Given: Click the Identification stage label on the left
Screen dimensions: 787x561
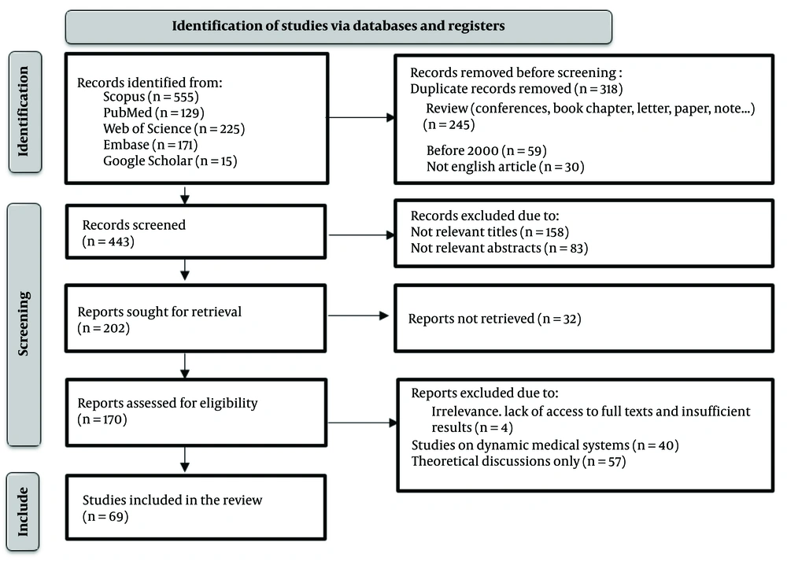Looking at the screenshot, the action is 24,112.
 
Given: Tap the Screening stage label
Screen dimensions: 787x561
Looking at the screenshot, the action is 24,323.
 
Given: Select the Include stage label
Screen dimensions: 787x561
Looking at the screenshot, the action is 23,511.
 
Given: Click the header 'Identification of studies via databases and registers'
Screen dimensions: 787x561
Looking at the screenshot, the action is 338,26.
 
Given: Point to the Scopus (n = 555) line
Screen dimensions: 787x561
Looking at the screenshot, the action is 151,96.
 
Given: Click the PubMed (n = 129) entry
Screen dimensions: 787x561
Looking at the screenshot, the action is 153,113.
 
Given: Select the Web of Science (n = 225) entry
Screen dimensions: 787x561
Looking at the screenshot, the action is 174,128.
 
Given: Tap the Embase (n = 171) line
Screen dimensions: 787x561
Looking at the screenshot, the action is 150,145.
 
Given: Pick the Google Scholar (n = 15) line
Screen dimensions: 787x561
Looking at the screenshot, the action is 170,161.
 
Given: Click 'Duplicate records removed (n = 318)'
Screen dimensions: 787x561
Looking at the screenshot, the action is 516,89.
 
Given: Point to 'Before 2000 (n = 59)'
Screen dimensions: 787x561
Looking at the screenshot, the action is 486,150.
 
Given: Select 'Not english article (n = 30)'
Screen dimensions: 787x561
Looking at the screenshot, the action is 505,167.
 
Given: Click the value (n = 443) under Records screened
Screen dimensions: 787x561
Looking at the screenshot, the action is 109,242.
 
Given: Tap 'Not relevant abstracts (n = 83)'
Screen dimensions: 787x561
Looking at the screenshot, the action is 500,248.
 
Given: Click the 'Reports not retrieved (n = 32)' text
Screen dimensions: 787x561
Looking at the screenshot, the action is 494,319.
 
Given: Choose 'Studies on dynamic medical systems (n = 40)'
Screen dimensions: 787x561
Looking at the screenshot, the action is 545,445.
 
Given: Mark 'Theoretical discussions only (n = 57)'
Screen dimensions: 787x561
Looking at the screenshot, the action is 519,461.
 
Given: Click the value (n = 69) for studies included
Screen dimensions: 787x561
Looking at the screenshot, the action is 105,516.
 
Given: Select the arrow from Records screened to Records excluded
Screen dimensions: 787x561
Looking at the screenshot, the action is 362,234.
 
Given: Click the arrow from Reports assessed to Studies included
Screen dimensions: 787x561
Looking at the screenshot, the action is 185,460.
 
